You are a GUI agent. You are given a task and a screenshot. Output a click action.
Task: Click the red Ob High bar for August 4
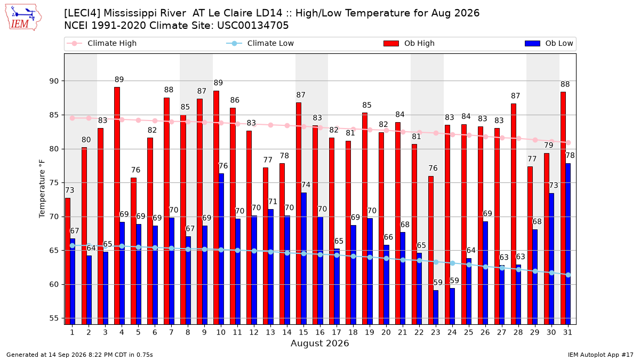pyautogui.click(x=117, y=206)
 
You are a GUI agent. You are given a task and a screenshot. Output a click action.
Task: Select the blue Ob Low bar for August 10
pyautogui.click(x=221, y=249)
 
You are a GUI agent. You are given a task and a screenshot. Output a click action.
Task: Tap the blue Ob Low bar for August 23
pyautogui.click(x=436, y=307)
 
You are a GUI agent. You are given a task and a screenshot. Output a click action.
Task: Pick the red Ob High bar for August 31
pyautogui.click(x=563, y=209)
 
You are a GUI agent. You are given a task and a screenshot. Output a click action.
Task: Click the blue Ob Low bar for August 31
pyautogui.click(x=568, y=244)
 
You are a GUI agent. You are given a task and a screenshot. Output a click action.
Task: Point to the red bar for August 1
pyautogui.click(x=68, y=261)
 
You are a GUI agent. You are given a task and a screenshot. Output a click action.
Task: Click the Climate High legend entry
pyautogui.click(x=102, y=43)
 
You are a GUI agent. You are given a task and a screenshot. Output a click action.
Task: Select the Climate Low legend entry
pyautogui.click(x=260, y=43)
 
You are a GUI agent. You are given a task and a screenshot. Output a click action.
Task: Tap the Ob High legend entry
pyautogui.click(x=409, y=43)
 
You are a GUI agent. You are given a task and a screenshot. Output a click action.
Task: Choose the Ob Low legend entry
pyautogui.click(x=549, y=43)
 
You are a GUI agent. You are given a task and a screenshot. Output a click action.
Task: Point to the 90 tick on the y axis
pyautogui.click(x=54, y=81)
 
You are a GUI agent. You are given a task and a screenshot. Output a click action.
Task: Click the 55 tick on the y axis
pyautogui.click(x=54, y=318)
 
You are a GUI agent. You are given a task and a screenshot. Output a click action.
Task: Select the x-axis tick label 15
pyautogui.click(x=303, y=332)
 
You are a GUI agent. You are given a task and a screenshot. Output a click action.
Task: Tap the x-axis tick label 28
pyautogui.click(x=518, y=332)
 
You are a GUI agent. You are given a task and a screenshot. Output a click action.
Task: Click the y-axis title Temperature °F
pyautogui.click(x=42, y=189)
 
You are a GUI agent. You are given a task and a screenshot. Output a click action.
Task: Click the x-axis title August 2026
pyautogui.click(x=319, y=343)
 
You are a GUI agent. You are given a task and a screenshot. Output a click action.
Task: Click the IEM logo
pyautogui.click(x=23, y=18)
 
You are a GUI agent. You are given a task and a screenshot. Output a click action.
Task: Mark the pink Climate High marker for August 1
pyautogui.click(x=73, y=118)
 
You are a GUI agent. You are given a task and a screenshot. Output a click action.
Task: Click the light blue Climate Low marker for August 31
pyautogui.click(x=568, y=275)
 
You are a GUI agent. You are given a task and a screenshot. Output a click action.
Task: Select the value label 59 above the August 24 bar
pyautogui.click(x=454, y=281)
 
